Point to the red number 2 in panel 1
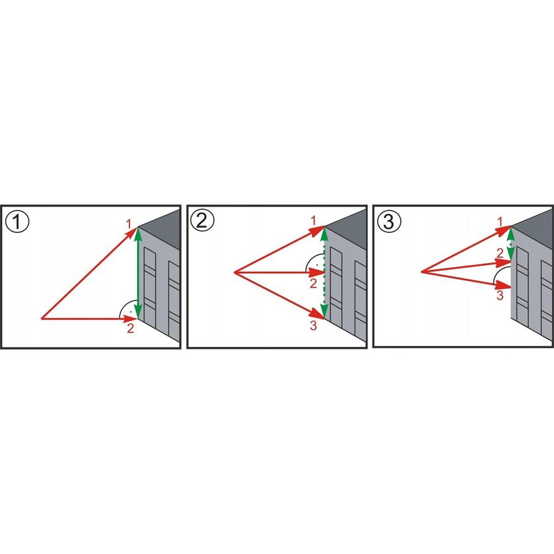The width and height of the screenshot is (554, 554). point(130,328)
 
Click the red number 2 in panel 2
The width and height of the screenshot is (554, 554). point(314,283)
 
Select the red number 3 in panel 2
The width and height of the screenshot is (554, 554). point(314,324)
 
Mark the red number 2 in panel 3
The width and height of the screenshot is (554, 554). point(500,253)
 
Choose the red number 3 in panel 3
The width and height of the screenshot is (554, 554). point(500,295)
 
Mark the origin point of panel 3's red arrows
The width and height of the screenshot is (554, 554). point(421,271)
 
